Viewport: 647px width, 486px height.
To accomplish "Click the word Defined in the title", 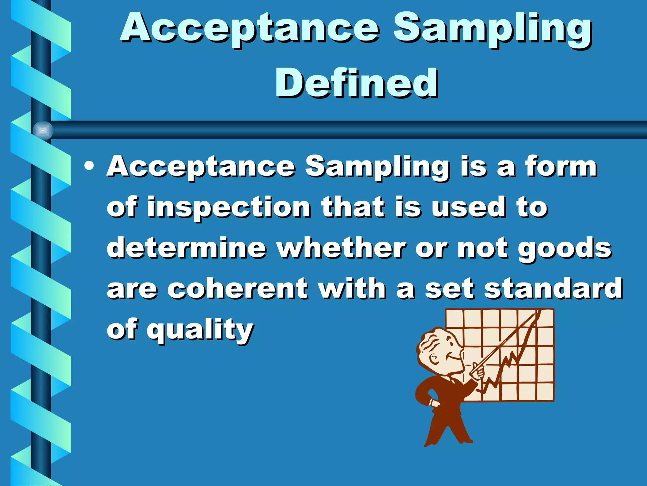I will [356, 83].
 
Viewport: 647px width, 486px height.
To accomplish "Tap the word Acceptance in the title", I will [250, 28].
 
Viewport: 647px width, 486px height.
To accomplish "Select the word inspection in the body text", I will [229, 207].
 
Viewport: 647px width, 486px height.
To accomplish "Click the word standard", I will [553, 289].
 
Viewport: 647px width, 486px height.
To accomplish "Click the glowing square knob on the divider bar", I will [43, 130].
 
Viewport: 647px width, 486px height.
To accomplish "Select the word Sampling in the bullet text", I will [377, 167].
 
